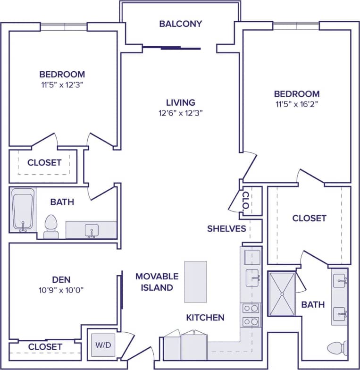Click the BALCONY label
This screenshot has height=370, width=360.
180,24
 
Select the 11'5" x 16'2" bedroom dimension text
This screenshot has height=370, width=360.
297,105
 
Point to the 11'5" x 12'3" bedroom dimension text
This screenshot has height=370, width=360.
62,85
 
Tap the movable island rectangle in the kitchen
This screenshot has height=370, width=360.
195,282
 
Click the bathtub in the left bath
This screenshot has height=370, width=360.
23,210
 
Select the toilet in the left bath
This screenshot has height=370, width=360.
50,227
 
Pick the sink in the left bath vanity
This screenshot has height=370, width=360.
91,230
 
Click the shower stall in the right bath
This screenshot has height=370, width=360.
282,294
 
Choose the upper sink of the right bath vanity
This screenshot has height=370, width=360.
340,282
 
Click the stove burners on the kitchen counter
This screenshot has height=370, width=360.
251,315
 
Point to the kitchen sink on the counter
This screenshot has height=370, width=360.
251,275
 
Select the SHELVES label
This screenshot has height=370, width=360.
226,229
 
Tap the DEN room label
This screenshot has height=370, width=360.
62,279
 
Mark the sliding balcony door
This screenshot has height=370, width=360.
172,48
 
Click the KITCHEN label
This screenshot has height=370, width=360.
205,318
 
